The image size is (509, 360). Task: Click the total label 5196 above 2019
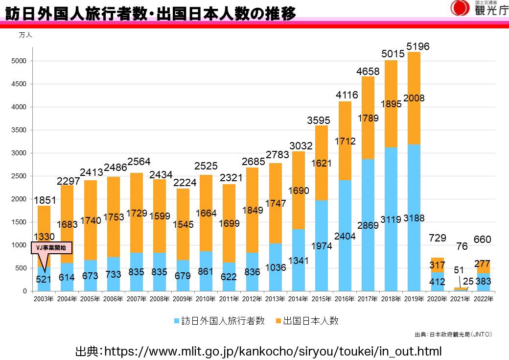coord(418,47)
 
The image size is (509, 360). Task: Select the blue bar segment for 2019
coord(414,217)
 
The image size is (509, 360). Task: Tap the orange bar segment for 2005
coord(90,220)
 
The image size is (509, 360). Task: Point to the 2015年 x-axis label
coord(322,299)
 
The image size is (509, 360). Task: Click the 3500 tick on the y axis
coord(19,130)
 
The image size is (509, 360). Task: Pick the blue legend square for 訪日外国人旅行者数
coord(177,321)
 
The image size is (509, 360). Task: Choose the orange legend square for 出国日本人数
coord(278,321)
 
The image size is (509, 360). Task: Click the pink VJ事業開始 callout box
coord(51,248)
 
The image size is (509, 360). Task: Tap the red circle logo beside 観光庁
coord(460,8)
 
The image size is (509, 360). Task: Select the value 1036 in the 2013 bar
coord(276,268)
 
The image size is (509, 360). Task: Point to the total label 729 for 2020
coord(437,238)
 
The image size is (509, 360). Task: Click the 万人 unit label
coord(25,35)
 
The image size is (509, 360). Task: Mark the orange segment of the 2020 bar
coord(437,265)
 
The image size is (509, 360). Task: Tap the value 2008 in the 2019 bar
coord(414,98)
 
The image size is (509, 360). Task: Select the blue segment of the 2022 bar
coord(484,282)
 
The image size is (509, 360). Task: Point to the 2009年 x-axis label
coord(183,299)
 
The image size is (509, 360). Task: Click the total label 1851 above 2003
coord(45,200)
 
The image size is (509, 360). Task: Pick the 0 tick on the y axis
coord(24,291)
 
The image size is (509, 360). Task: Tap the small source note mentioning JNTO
coord(453,335)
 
